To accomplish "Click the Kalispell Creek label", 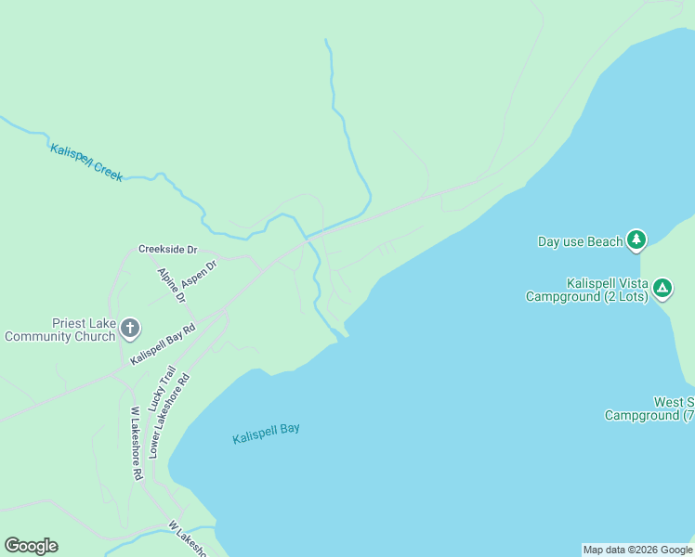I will [x=86, y=162].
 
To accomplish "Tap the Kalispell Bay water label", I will [x=266, y=433].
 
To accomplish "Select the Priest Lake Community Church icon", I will [x=130, y=327].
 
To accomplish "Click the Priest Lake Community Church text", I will [x=59, y=330].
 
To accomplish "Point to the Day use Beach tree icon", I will [x=636, y=241].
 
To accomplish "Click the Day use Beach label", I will [x=580, y=242].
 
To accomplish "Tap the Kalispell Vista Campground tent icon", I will [x=662, y=289].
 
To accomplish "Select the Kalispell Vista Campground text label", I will [x=586, y=290].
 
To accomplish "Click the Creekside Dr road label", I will [x=168, y=250].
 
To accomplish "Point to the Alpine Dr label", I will [x=172, y=285].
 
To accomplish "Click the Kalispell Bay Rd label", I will [x=164, y=344].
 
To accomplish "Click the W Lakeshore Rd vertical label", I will [x=136, y=444].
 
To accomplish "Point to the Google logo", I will [x=31, y=546].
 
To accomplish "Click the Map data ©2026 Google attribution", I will [x=637, y=550].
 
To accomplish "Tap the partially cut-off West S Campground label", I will [x=650, y=408].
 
